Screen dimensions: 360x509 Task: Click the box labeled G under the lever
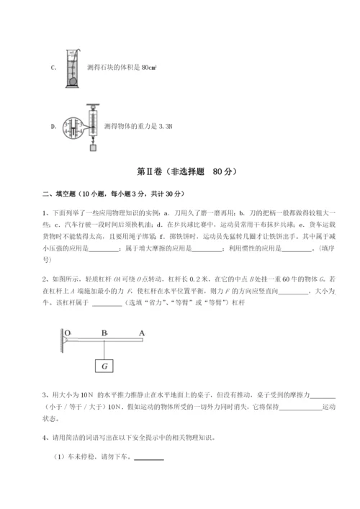pyautogui.click(x=105, y=366)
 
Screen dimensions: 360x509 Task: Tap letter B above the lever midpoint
pyautogui.click(x=104, y=332)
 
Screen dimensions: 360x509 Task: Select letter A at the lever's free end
pyautogui.click(x=142, y=332)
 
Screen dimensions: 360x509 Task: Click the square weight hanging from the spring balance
pyautogui.click(x=93, y=148)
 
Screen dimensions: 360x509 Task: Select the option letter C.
pyautogui.click(x=53, y=68)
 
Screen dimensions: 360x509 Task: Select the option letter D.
pyautogui.click(x=53, y=126)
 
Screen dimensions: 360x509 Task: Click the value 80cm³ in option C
pyautogui.click(x=149, y=68)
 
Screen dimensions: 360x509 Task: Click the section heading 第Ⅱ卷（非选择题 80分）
pyautogui.click(x=180, y=173)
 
